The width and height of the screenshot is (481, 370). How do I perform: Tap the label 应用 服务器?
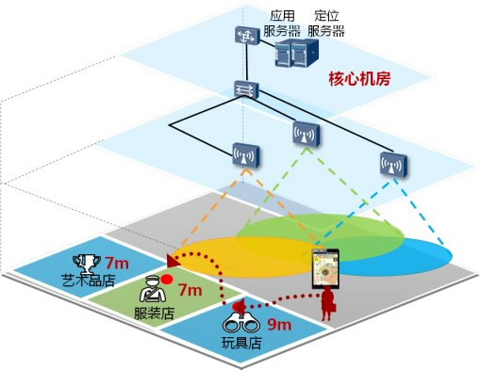(283, 24)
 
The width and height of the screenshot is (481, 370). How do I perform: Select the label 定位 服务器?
(326, 24)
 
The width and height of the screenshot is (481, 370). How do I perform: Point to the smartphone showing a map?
(326, 268)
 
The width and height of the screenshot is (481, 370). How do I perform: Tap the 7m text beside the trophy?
(117, 263)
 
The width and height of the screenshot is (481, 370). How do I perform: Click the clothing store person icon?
(152, 287)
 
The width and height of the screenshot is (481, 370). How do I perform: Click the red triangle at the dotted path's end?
(171, 259)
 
